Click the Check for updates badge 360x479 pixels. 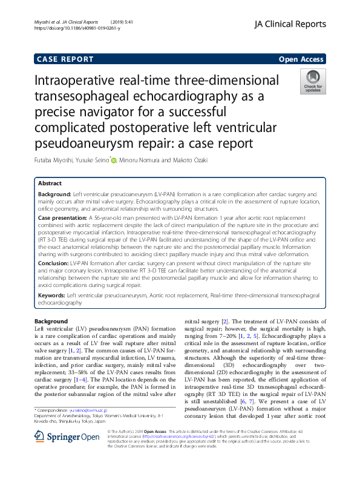pos(313,81)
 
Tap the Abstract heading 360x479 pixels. pos(50,183)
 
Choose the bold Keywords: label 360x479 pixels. pos(51,295)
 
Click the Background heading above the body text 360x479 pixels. pos(51,321)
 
